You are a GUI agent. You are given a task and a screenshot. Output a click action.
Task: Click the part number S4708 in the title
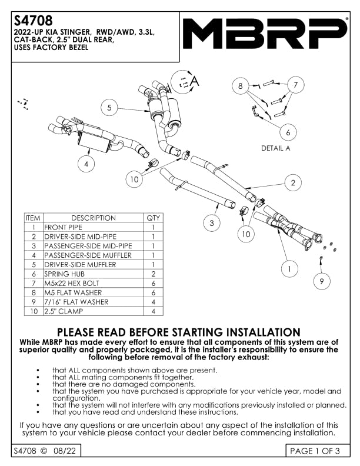[x=29, y=21]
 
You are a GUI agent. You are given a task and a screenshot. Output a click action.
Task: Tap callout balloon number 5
[x=109, y=108]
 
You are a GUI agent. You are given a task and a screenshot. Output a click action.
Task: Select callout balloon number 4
[x=86, y=164]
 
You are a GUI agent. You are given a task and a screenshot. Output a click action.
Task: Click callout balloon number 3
[x=212, y=223]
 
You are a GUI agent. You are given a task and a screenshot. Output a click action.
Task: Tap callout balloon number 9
[x=322, y=282]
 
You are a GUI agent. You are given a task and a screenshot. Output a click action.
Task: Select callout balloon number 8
[x=240, y=86]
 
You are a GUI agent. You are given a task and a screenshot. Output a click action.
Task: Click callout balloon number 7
[x=296, y=85]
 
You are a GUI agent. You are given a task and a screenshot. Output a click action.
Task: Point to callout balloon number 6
[x=288, y=132]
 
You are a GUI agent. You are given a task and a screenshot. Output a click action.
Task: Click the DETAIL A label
[x=276, y=149]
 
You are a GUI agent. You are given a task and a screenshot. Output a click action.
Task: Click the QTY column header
[x=153, y=218]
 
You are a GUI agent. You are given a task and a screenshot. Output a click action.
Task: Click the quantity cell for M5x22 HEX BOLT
[x=153, y=283]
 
